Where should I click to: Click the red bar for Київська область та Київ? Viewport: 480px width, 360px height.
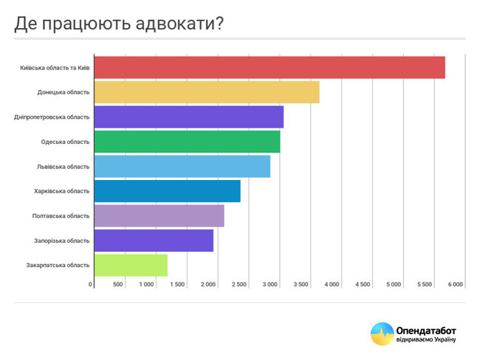[270, 67]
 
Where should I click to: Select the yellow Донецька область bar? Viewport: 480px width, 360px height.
[207, 92]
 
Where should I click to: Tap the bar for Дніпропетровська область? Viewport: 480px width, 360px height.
[189, 117]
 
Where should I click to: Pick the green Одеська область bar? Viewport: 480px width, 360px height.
[188, 142]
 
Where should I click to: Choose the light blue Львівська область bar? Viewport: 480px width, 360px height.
[182, 166]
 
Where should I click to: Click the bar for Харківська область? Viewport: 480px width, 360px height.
[168, 191]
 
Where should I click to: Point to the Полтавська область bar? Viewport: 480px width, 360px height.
[160, 215]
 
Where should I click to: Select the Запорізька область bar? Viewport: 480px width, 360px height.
[154, 240]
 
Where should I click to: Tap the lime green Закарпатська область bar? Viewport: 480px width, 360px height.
[131, 265]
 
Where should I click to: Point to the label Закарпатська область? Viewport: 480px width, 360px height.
[58, 265]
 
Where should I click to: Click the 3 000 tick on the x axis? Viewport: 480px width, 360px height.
[270, 284]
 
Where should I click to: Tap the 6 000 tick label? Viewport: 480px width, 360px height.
[454, 284]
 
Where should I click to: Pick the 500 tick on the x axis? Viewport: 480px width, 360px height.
[118, 284]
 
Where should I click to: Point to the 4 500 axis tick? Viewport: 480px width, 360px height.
[363, 284]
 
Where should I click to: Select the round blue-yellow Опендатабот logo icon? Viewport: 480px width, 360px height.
[382, 334]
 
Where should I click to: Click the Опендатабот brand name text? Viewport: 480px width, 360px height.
[428, 330]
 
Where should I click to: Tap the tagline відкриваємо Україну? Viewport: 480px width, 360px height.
[428, 341]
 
